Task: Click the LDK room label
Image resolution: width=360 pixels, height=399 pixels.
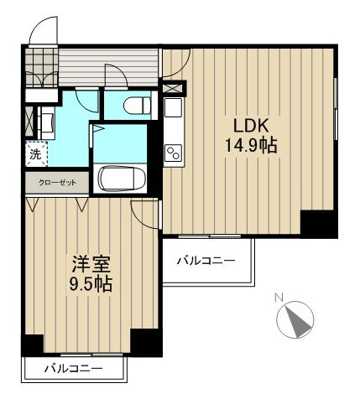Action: pyautogui.click(x=250, y=126)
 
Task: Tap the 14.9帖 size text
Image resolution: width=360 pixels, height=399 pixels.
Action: pyautogui.click(x=250, y=145)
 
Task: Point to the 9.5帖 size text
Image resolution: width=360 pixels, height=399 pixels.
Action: pyautogui.click(x=87, y=282)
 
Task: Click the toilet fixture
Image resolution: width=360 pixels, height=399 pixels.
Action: pyautogui.click(x=135, y=105)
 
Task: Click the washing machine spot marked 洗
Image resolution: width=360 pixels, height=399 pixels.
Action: pyautogui.click(x=35, y=153)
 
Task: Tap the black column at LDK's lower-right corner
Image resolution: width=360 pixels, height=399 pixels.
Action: pyautogui.click(x=317, y=223)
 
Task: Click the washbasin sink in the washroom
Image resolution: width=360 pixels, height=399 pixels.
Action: pyautogui.click(x=44, y=122)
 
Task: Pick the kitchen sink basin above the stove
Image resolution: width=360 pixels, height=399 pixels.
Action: pyautogui.click(x=172, y=109)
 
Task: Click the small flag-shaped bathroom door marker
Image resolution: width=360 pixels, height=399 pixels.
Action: pyautogui.click(x=98, y=131)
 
